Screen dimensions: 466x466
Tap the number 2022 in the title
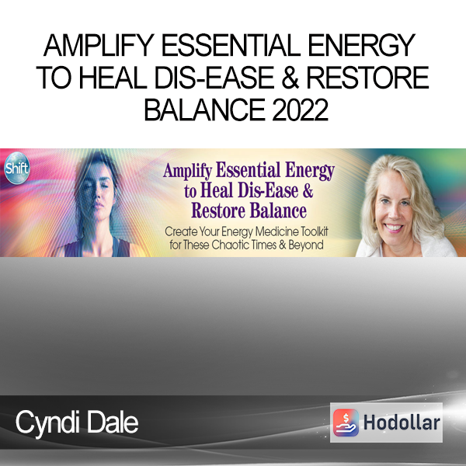300,110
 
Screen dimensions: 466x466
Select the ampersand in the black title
290,78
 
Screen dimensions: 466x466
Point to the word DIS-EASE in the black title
214,78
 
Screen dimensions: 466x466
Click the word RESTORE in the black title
367,78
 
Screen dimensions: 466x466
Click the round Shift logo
17,168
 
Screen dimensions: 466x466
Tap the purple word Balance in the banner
278,210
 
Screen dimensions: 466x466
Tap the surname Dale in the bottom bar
113,423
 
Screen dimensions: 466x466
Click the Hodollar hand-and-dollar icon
346,423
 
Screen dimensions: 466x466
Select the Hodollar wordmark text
402,423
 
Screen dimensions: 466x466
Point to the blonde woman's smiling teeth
394,228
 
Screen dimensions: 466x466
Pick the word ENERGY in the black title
361,45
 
